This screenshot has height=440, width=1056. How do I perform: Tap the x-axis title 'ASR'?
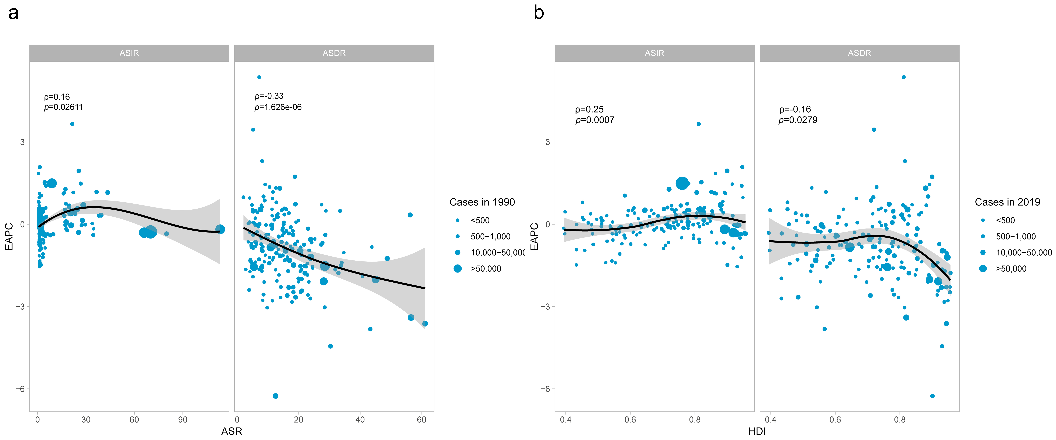click(x=232, y=431)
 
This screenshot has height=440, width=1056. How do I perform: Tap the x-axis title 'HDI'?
click(x=757, y=431)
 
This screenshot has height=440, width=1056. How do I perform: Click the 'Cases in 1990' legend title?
click(x=482, y=202)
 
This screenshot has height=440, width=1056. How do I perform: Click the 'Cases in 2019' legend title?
click(x=1007, y=202)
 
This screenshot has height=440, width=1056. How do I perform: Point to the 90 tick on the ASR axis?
click(x=182, y=419)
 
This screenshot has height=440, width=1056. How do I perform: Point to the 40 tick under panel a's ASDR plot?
click(x=360, y=419)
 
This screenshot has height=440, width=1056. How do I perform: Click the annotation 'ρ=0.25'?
click(x=589, y=109)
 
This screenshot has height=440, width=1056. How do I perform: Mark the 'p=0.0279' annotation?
click(x=798, y=120)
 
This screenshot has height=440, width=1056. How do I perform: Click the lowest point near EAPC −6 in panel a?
click(x=275, y=396)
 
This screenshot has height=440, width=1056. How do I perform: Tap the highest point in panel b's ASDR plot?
click(x=904, y=77)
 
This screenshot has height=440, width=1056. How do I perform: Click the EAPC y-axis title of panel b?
click(x=534, y=236)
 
